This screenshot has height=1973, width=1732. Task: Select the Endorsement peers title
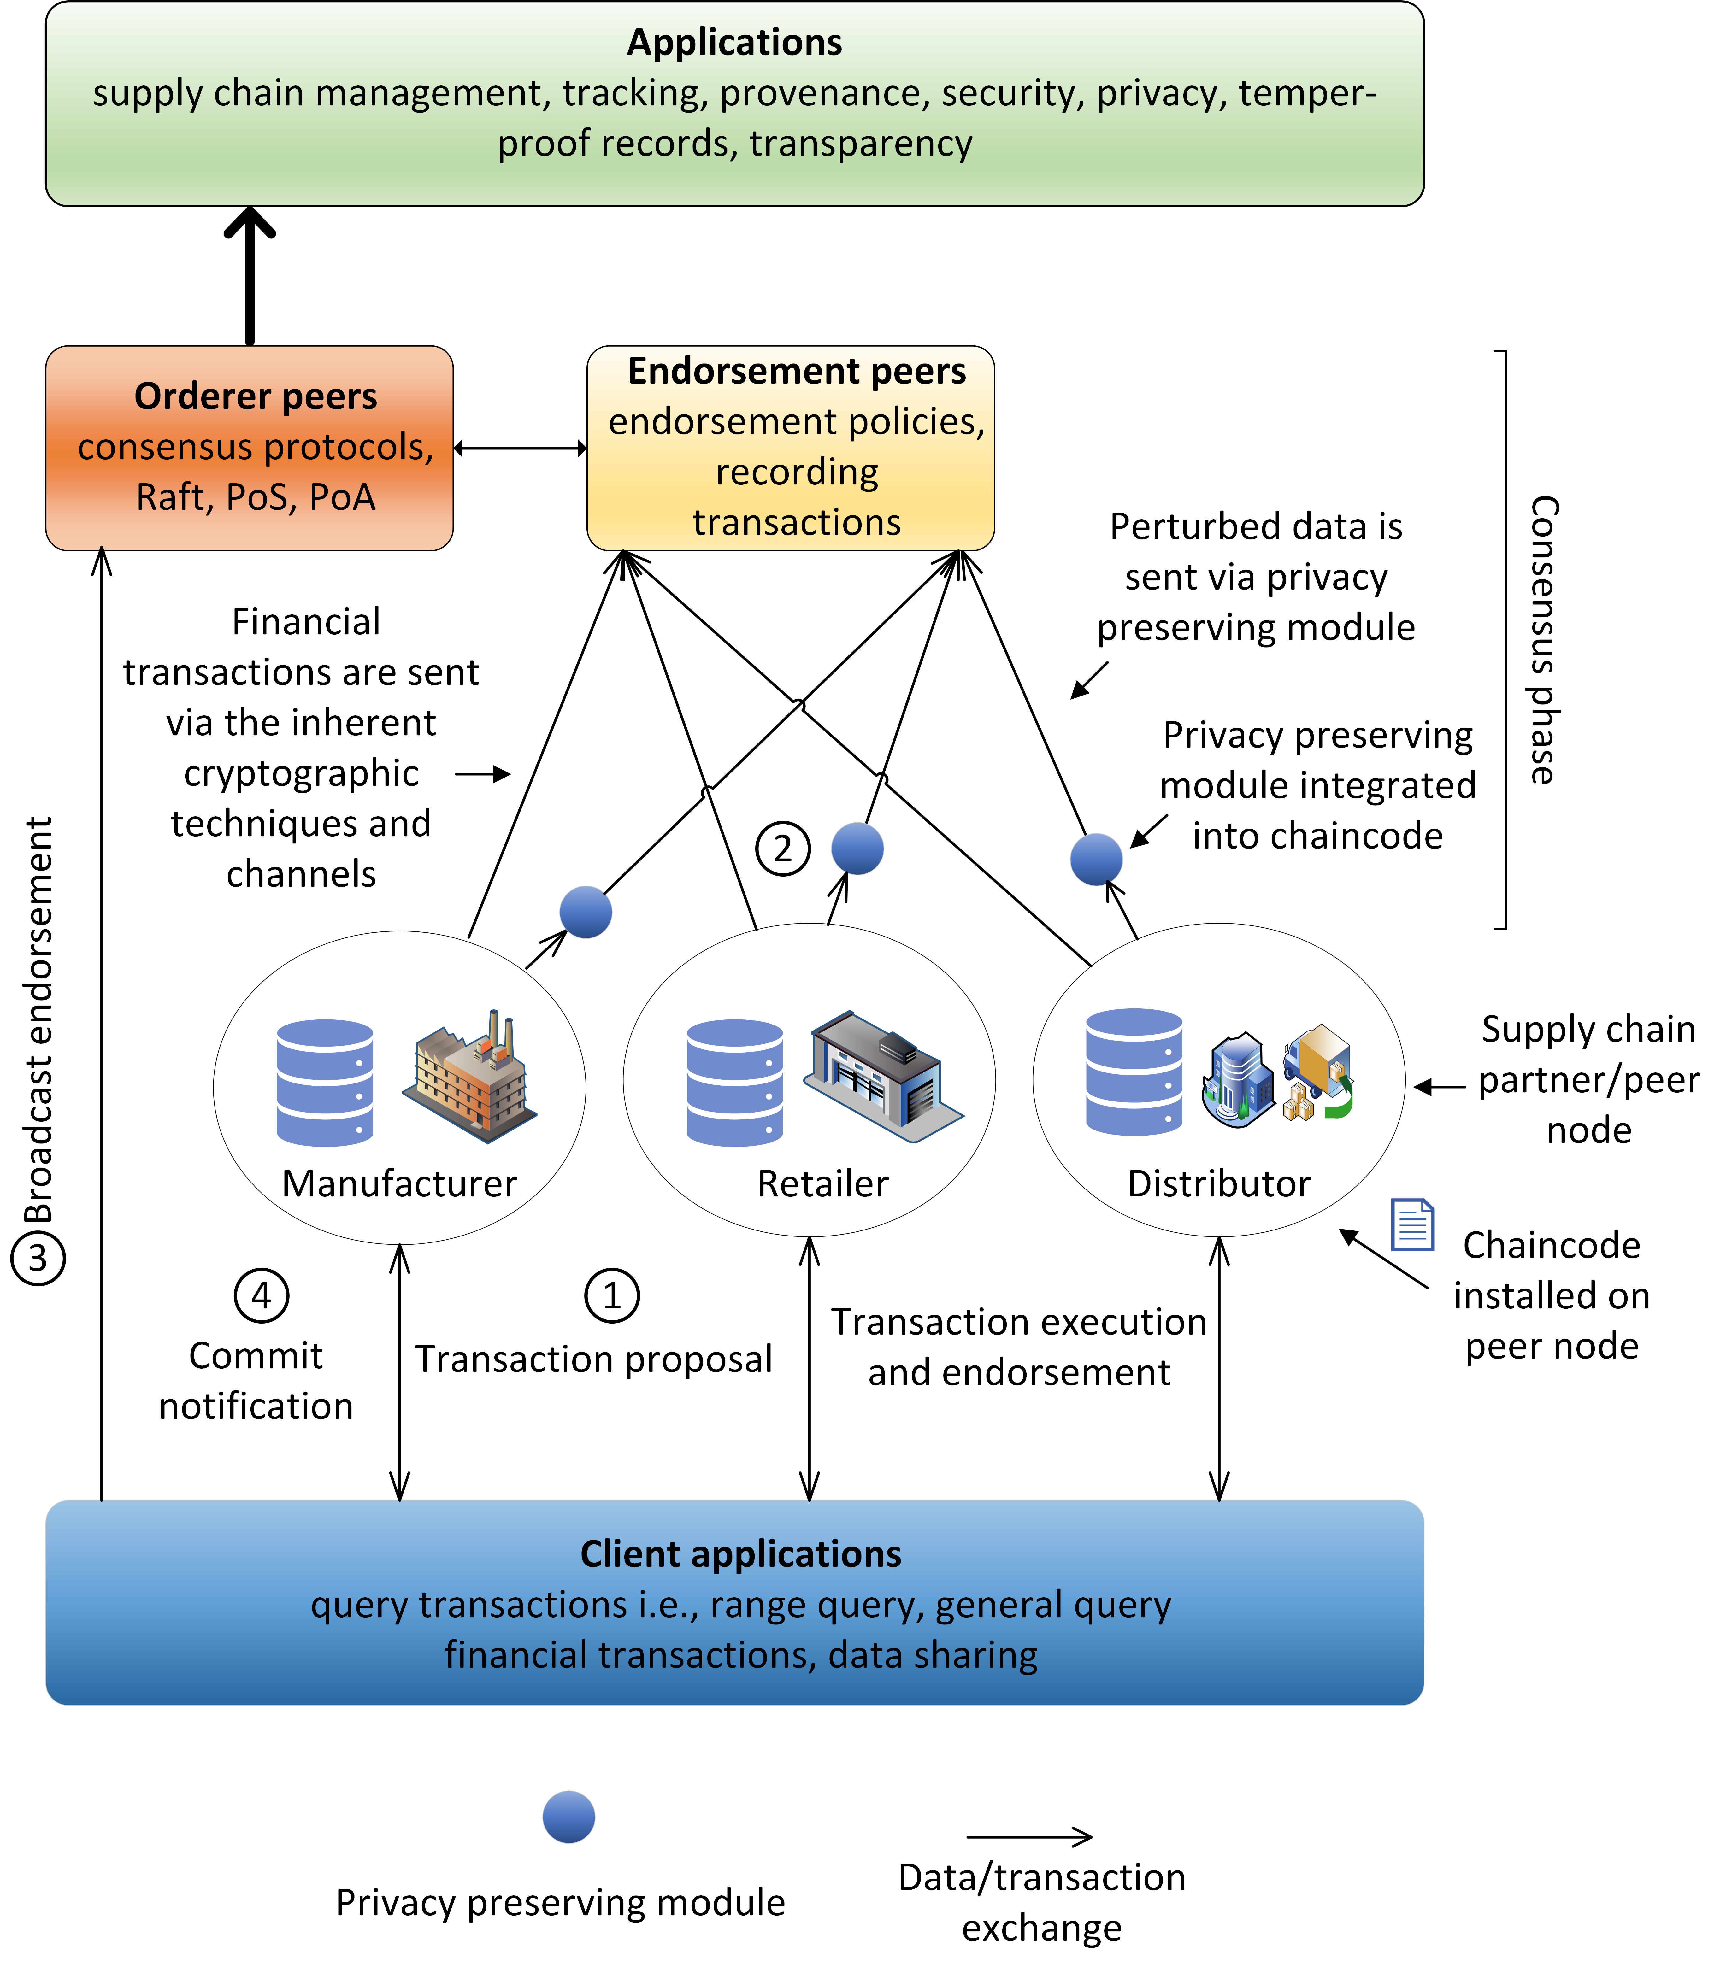point(797,371)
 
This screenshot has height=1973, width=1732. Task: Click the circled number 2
point(782,849)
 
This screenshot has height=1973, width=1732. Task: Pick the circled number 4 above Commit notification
point(261,1295)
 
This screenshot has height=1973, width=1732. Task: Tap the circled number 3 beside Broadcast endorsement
point(38,1259)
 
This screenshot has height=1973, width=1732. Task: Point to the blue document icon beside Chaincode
point(1411,1224)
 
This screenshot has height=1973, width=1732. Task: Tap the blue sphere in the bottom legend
point(568,1817)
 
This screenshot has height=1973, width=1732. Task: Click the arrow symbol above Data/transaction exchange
point(1029,1837)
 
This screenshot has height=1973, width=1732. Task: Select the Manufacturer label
point(399,1183)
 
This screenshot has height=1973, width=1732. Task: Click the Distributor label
point(1218,1183)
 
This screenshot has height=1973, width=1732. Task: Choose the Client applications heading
point(740,1554)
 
